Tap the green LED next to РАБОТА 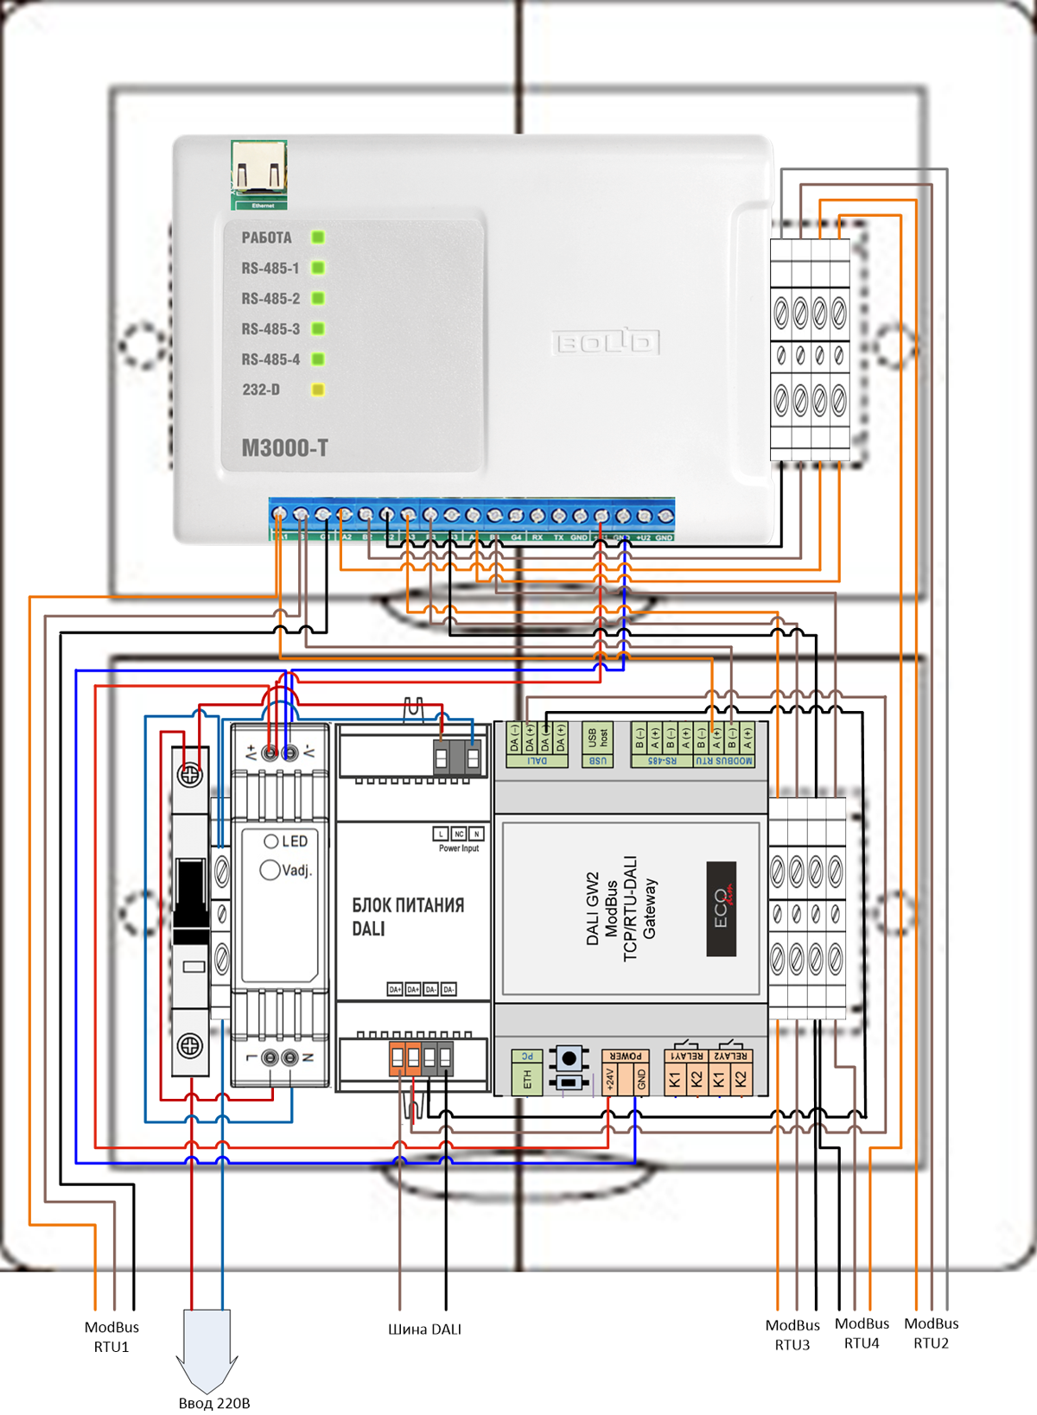point(318,238)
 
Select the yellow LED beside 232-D point(318,390)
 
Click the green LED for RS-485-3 point(318,329)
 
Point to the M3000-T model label point(284,447)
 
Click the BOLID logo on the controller point(605,343)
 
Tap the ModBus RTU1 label point(111,1336)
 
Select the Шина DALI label point(424,1329)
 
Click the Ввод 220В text point(214,1403)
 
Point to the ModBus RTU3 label point(792,1335)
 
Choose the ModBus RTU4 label point(862,1333)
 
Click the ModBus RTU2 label point(931,1333)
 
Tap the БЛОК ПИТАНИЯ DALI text point(407,917)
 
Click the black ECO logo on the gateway point(722,909)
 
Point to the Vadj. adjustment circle point(270,870)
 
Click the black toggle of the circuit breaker point(190,898)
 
